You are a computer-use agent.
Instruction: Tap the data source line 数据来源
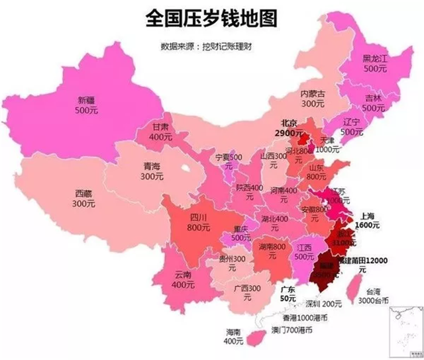pyautogui.click(x=212, y=47)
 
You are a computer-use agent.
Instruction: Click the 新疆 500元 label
pyautogui.click(x=87, y=107)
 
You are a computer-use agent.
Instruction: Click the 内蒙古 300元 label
pyautogui.click(x=313, y=99)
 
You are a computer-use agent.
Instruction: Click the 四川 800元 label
pyautogui.click(x=181, y=222)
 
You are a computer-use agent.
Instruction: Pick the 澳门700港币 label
pyautogui.click(x=291, y=329)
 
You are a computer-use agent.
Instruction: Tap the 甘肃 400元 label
pyautogui.click(x=160, y=132)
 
